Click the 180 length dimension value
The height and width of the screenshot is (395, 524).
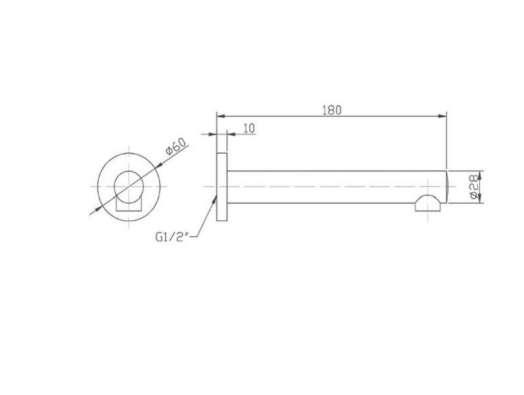[332, 111]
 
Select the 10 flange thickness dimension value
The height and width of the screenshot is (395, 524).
[249, 128]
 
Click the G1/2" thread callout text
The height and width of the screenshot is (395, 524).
[172, 237]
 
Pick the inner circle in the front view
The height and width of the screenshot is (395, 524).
[128, 186]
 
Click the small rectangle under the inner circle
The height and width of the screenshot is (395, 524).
[128, 204]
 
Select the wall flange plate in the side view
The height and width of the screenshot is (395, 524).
[222, 187]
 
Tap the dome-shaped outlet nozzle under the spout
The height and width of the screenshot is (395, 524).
[428, 203]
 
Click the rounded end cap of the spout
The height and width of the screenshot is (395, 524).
[447, 187]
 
